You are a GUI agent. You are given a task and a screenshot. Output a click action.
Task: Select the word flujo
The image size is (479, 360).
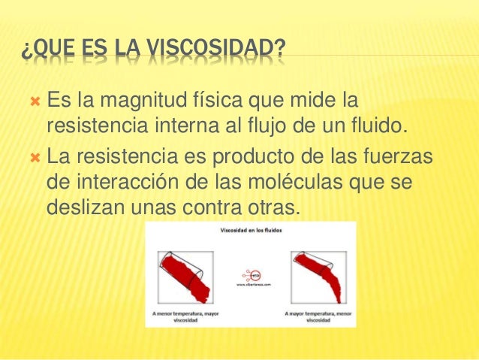click(x=281, y=125)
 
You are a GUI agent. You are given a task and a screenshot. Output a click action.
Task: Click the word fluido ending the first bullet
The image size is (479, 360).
click(x=380, y=125)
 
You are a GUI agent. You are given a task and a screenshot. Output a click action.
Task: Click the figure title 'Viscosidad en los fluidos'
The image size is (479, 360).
click(x=251, y=231)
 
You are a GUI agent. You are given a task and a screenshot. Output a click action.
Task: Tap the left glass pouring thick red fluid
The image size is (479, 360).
click(x=185, y=274)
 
